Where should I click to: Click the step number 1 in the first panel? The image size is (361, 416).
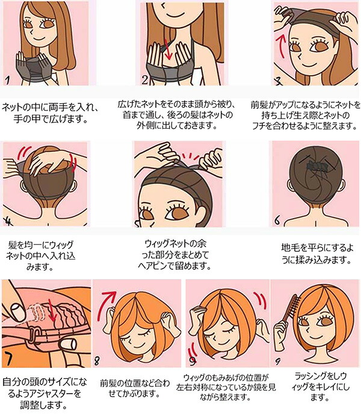pos(8,79)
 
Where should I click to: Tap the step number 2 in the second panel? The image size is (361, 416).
pos(144,79)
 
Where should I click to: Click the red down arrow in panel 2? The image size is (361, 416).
pos(167,50)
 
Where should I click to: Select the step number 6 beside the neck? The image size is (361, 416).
pos(277,220)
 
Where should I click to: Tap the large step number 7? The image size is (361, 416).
pos(9,358)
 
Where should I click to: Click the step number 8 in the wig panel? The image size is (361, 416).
pos(97,361)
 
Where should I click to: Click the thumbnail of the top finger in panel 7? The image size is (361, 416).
pos(18,311)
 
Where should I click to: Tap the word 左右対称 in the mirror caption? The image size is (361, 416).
pos(194,387)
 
